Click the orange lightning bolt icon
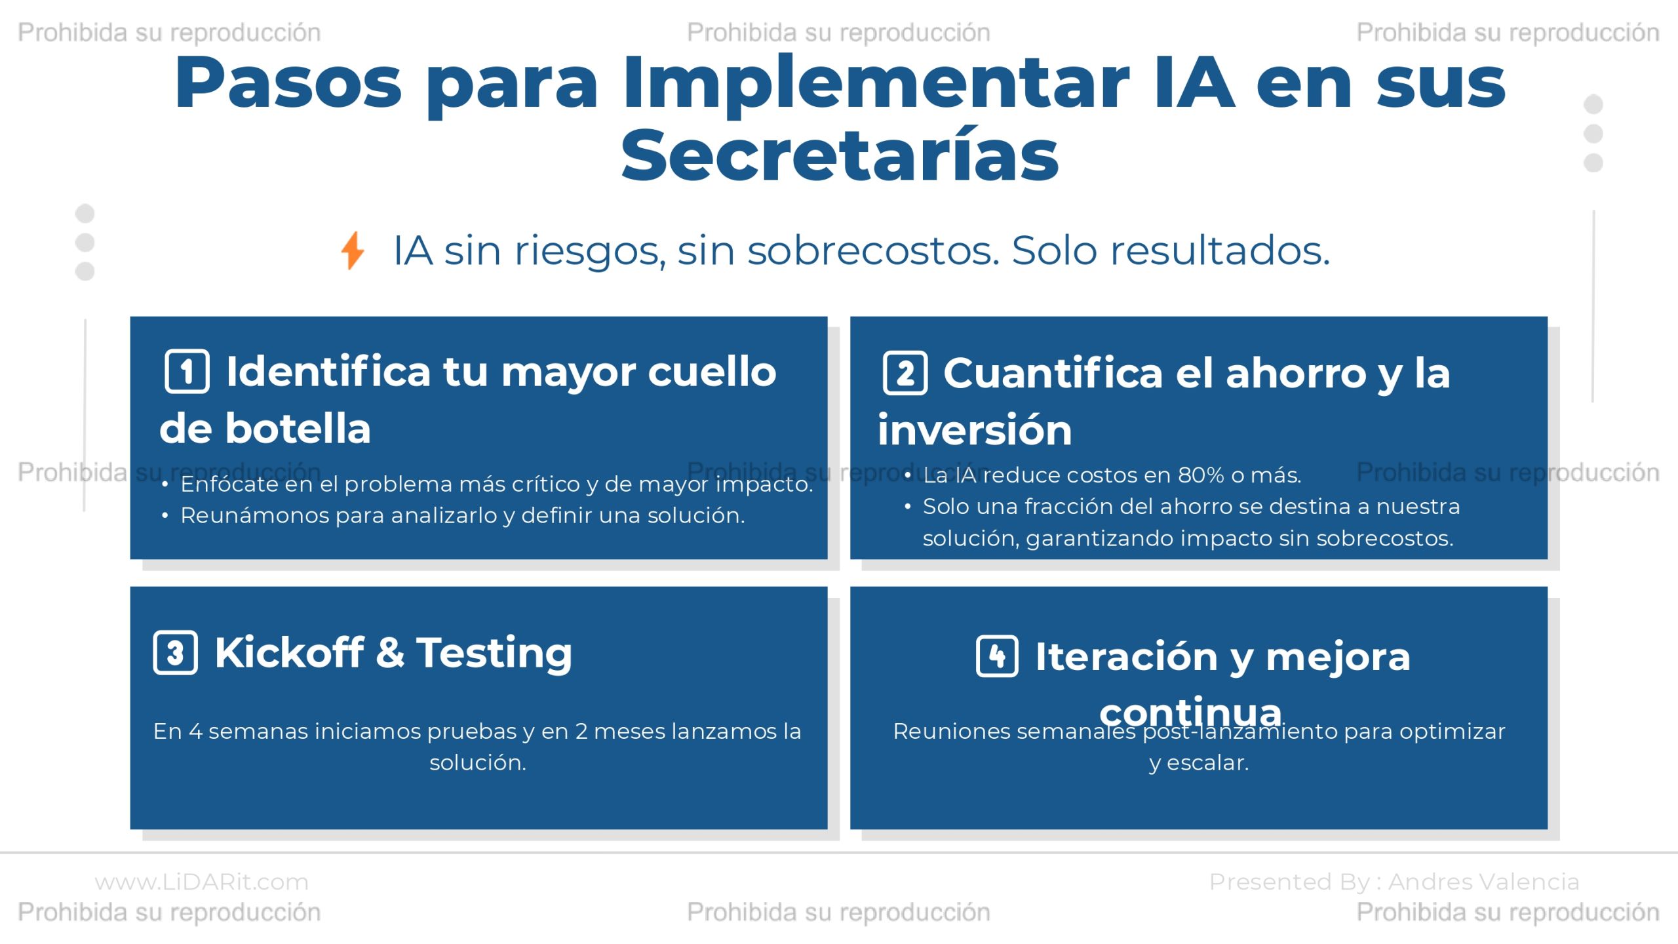click(353, 250)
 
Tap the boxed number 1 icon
click(187, 372)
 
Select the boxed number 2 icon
click(905, 373)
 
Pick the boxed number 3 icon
click(175, 653)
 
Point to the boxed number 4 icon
click(997, 656)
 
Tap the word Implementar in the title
click(876, 84)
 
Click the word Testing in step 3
click(494, 654)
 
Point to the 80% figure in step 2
click(1201, 475)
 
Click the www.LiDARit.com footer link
click(201, 882)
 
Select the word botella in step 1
click(298, 429)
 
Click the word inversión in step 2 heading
click(975, 430)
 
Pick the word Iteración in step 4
click(1126, 656)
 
